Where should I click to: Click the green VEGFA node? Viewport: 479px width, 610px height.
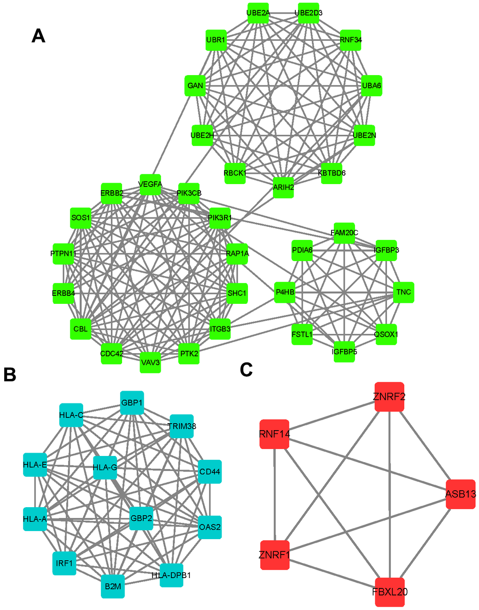(150, 185)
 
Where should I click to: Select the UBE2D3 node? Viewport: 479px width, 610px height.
(309, 13)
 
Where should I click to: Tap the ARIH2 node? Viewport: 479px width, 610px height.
(284, 187)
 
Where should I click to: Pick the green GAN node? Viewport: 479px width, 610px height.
(195, 85)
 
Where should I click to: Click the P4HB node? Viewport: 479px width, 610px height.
(285, 292)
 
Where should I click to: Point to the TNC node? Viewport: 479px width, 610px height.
(403, 292)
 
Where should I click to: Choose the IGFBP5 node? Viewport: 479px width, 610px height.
(344, 352)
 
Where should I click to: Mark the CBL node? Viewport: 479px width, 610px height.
(81, 329)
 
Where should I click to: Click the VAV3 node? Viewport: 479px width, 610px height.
(150, 363)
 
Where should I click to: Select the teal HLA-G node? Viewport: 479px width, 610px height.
(105, 468)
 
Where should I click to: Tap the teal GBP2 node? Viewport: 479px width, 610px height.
(141, 518)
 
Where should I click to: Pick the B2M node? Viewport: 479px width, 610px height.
(113, 587)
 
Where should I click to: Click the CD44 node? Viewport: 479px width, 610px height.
(209, 471)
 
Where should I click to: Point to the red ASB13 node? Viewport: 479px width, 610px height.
(461, 494)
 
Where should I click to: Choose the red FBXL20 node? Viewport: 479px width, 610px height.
(390, 592)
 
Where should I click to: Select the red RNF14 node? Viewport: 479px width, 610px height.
(274, 434)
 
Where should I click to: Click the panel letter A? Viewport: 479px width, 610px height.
(39, 36)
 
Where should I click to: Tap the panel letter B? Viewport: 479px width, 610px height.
(10, 374)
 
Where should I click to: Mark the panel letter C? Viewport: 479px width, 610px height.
(246, 370)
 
